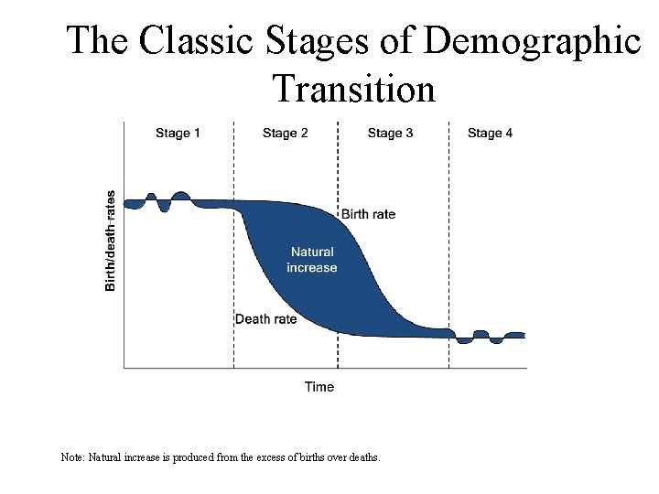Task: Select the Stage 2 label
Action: pos(285,134)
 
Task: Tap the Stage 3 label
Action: pos(390,134)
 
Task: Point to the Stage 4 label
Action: pos(490,134)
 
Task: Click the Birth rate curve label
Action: pos(368,214)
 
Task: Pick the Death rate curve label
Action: pos(265,319)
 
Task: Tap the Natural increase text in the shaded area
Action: pos(312,260)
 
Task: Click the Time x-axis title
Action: pos(319,387)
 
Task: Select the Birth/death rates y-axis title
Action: pos(111,241)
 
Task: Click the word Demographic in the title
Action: pos(534,41)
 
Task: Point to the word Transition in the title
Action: pos(353,89)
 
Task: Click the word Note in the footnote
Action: pos(71,456)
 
